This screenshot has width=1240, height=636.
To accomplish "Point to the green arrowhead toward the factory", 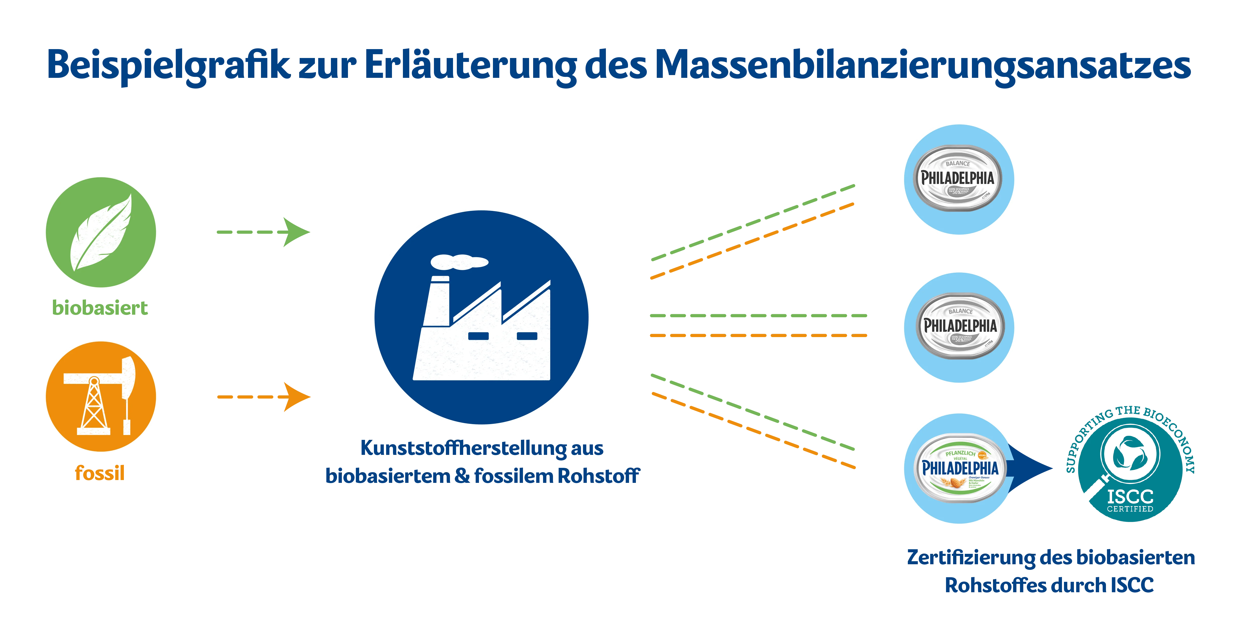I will (x=296, y=232).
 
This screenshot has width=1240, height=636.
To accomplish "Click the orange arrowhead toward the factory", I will (x=296, y=397).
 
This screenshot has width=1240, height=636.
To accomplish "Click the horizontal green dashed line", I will (x=758, y=315).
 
